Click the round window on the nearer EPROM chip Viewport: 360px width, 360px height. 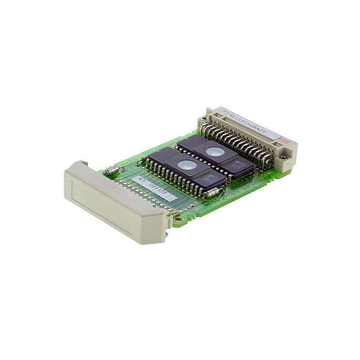pyautogui.click(x=185, y=165)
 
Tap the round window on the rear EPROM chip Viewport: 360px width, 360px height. pyautogui.click(x=213, y=150)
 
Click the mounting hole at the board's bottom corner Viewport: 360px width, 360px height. pyautogui.click(x=177, y=219)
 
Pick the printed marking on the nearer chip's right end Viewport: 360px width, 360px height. pyautogui.click(x=214, y=179)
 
